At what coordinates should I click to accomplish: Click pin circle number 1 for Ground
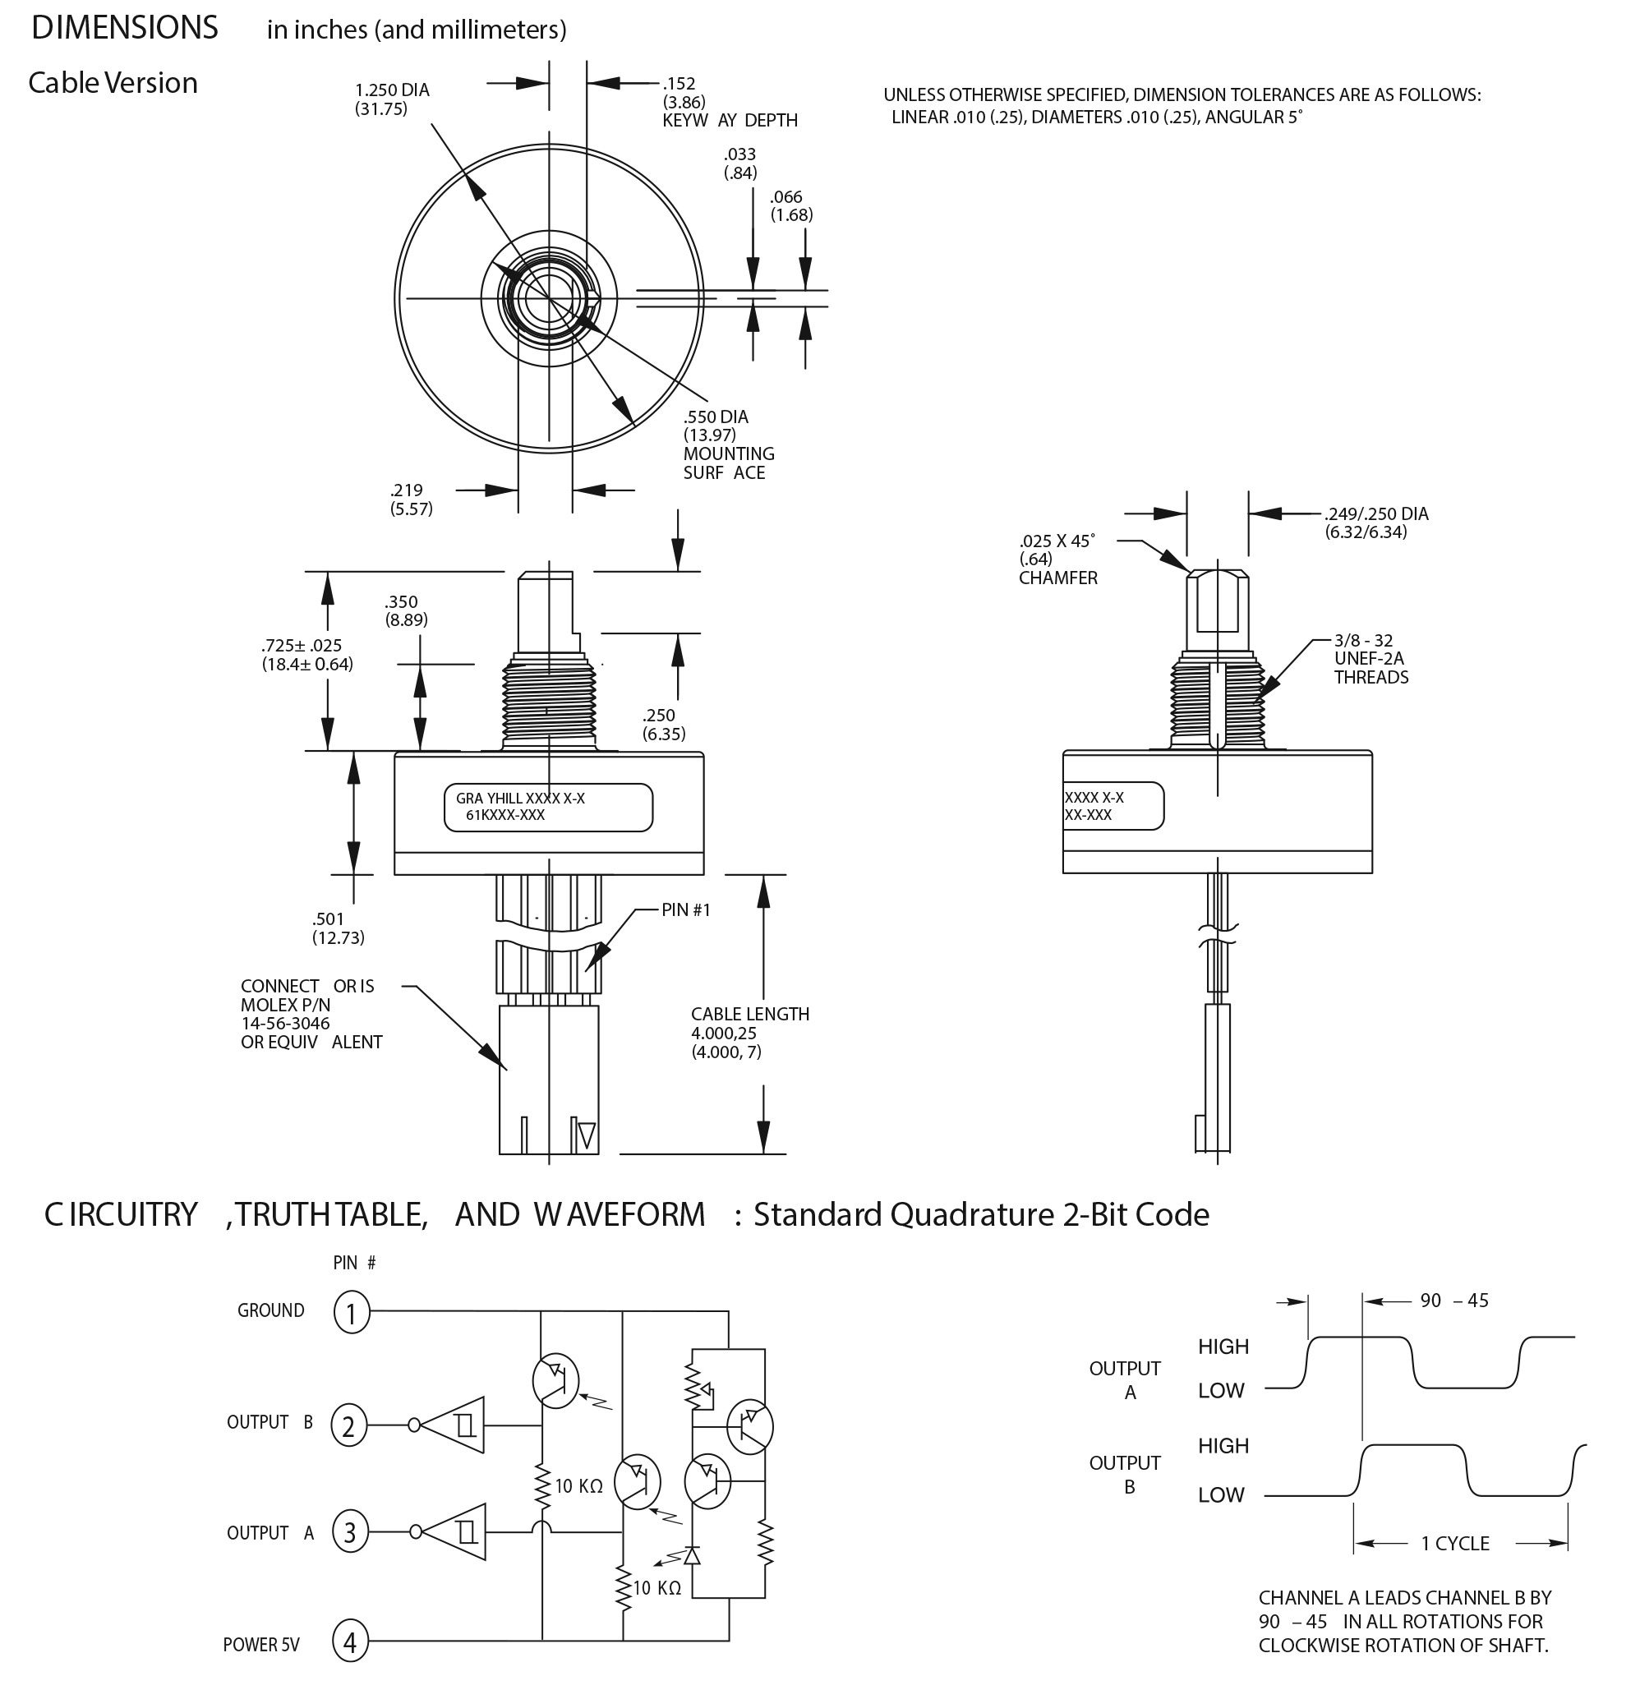coord(351,1311)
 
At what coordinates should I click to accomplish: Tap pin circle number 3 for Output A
coord(350,1532)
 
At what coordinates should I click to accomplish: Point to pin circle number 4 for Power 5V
coord(350,1641)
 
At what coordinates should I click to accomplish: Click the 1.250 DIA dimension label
coord(392,90)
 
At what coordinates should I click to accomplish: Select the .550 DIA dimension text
coord(715,417)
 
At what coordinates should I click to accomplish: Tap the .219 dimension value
coord(406,490)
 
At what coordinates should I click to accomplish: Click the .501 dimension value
coord(328,919)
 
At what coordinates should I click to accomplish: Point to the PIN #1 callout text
coord(685,910)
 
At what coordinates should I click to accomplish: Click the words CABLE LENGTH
coord(750,1014)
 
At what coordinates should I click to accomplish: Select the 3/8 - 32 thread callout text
coord(1363,641)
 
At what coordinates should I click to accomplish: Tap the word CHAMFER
coord(1057,578)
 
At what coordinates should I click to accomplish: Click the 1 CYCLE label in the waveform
coord(1454,1544)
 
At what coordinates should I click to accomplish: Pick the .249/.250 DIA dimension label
coord(1376,514)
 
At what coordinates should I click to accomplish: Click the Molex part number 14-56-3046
coord(285,1024)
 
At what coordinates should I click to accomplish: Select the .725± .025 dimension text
coord(302,646)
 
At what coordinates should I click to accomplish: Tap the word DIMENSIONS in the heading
coord(125,29)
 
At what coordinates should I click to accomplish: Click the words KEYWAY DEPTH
coord(730,121)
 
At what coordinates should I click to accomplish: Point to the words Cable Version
coord(113,83)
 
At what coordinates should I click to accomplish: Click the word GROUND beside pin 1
coord(270,1310)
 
